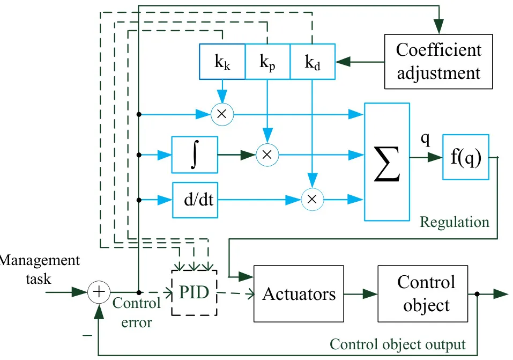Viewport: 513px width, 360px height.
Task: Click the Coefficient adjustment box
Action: pyautogui.click(x=438, y=62)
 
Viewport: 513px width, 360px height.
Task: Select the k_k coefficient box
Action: pyautogui.click(x=222, y=62)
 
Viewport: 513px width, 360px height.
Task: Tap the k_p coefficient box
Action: pyautogui.click(x=267, y=62)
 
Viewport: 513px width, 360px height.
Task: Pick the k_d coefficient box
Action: pyautogui.click(x=313, y=62)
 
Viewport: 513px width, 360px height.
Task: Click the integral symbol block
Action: pyautogui.click(x=195, y=155)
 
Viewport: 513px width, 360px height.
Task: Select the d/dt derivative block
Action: pyautogui.click(x=195, y=200)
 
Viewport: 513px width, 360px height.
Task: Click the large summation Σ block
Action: pyautogui.click(x=387, y=162)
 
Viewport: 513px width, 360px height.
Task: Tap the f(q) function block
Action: pyautogui.click(x=466, y=157)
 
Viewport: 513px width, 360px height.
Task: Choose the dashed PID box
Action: pyautogui.click(x=195, y=293)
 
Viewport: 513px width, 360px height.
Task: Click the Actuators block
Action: pyautogui.click(x=299, y=294)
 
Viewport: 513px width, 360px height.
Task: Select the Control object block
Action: pyautogui.click(x=423, y=294)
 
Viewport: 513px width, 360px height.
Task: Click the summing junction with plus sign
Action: pyautogui.click(x=99, y=292)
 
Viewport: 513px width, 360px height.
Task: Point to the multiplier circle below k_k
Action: pyautogui.click(x=222, y=114)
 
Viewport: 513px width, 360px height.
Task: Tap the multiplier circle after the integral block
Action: pyautogui.click(x=267, y=155)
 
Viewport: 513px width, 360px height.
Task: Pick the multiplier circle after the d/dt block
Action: pyautogui.click(x=313, y=199)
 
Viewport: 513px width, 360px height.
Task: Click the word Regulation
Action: pyautogui.click(x=455, y=222)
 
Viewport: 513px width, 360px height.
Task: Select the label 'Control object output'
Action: pyautogui.click(x=398, y=344)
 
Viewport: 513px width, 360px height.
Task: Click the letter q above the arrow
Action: pyautogui.click(x=425, y=139)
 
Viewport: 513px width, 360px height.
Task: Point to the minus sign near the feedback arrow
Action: pyautogui.click(x=87, y=335)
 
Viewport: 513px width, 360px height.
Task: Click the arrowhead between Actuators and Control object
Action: pyautogui.click(x=370, y=294)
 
